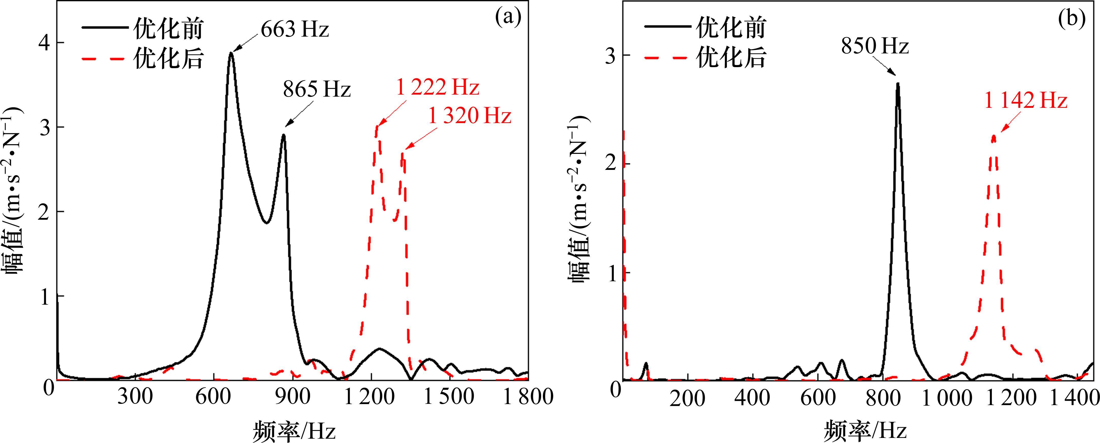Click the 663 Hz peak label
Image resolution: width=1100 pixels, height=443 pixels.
coord(295,29)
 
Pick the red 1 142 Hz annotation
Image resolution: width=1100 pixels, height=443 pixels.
coord(1026,101)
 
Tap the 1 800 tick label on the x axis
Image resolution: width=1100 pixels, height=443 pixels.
coord(528,397)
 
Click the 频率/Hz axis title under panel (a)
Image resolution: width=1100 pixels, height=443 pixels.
coord(294,430)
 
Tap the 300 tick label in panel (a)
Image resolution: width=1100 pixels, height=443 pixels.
coord(135,397)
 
